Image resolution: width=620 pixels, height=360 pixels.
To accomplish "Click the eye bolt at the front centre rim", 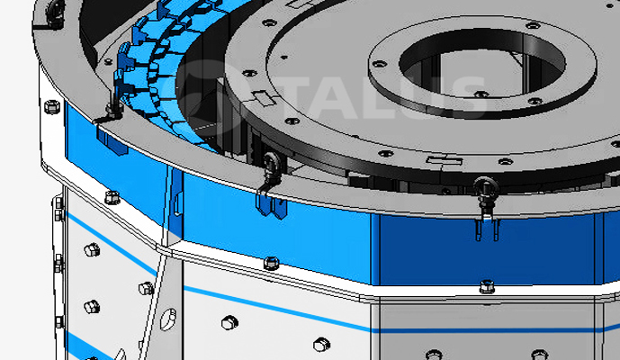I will coord(269,163).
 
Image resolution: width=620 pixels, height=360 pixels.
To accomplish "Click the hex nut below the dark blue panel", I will coord(485,286).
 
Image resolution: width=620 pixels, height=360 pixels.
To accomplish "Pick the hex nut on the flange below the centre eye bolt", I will coord(270,262).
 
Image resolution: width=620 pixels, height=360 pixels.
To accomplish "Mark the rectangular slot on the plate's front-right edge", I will coord(444,159).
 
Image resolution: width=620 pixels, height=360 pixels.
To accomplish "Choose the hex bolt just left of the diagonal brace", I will coord(146,288).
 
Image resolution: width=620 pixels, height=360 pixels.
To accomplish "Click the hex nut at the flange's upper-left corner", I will coord(112,196).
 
